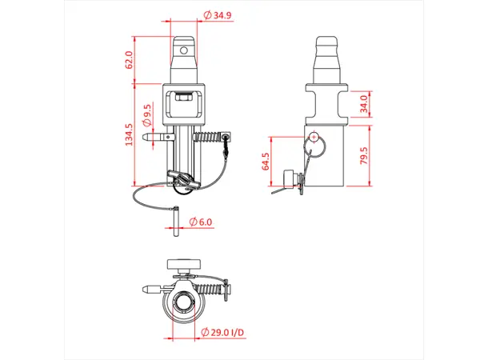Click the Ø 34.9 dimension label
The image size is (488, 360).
[x=218, y=16]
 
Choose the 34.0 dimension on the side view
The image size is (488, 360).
[x=364, y=105]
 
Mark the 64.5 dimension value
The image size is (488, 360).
[x=266, y=162]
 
